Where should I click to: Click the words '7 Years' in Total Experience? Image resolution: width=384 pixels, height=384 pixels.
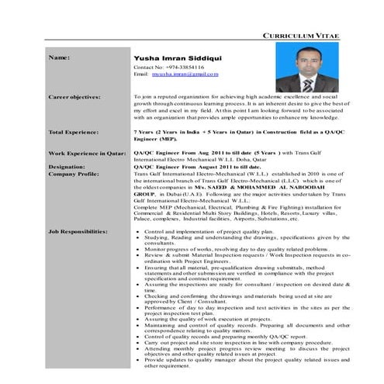pos(146,132)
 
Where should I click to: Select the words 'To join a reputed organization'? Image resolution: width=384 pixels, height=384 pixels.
pos(171,98)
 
